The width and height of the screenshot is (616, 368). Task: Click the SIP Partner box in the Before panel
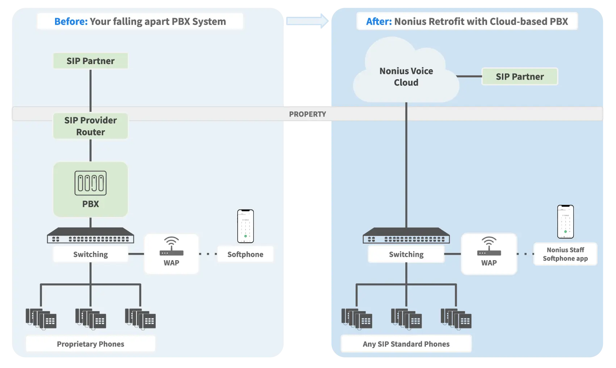[x=91, y=61]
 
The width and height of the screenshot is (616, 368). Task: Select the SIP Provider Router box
[x=91, y=126]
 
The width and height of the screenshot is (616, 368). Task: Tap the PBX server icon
[x=91, y=183]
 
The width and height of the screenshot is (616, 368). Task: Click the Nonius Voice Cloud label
[x=406, y=77]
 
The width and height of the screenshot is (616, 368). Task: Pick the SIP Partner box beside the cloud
[x=520, y=77]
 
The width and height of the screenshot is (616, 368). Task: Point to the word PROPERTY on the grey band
[x=307, y=114]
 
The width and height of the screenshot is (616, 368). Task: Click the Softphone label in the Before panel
[x=245, y=254]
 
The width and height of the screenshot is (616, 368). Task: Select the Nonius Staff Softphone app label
[x=565, y=254]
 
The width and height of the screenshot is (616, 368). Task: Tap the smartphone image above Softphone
[x=246, y=226]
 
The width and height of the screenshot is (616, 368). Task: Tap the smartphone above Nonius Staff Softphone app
[x=565, y=222]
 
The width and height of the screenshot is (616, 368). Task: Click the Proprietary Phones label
[x=91, y=344]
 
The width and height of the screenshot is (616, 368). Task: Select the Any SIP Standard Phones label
[x=406, y=344]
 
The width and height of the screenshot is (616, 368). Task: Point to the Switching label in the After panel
[x=406, y=254]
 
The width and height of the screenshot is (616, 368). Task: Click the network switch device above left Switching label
[x=91, y=236]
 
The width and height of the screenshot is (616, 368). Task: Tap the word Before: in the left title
[x=71, y=22]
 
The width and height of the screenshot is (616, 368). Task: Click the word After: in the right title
[x=379, y=22]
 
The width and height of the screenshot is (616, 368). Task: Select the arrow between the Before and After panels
[x=307, y=20]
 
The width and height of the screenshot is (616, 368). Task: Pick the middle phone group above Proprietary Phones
[x=91, y=319]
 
